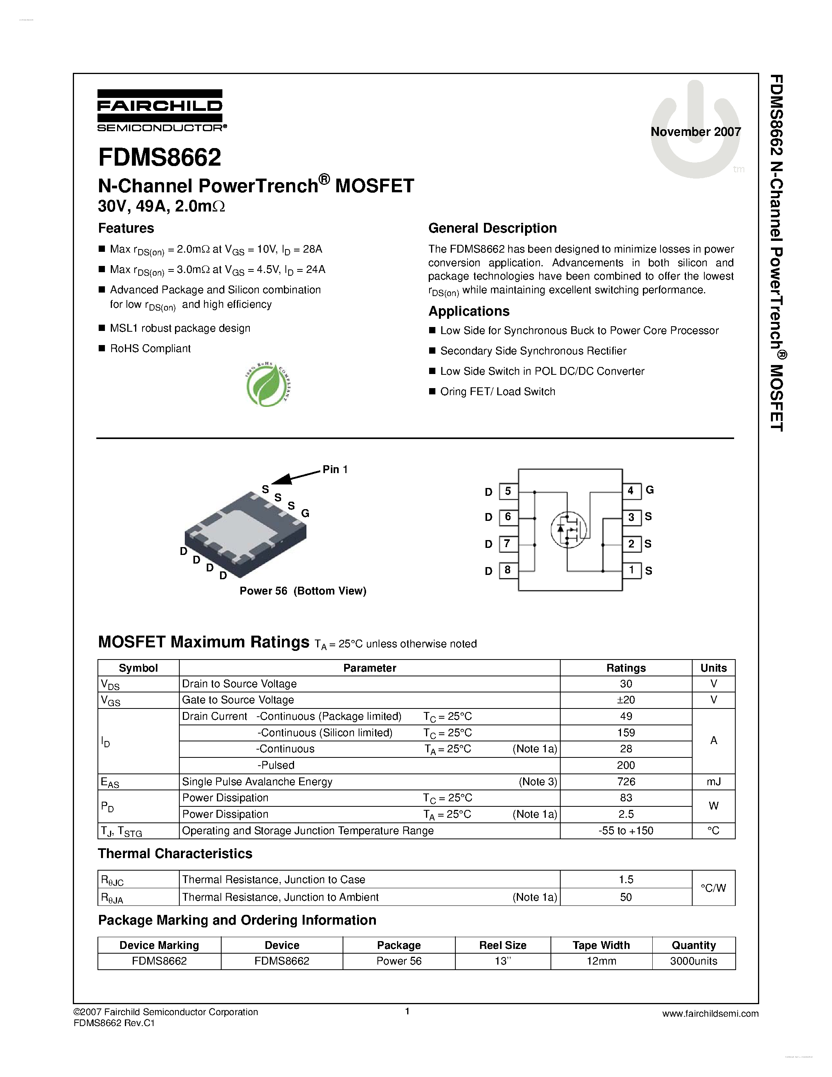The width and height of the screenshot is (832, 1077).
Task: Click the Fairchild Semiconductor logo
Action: click(x=160, y=111)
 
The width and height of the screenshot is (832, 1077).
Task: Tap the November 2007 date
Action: click(x=695, y=132)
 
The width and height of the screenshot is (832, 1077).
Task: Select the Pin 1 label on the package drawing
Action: click(x=335, y=470)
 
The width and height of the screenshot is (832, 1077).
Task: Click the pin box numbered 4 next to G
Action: click(x=631, y=491)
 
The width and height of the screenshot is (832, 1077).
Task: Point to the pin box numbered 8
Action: click(x=508, y=570)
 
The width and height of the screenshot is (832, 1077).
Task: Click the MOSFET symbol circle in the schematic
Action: click(x=568, y=529)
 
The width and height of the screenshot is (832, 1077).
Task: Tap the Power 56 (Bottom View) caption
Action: click(x=303, y=591)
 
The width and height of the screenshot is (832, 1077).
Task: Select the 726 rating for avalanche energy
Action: click(x=626, y=782)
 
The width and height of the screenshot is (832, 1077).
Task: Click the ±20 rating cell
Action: click(x=626, y=700)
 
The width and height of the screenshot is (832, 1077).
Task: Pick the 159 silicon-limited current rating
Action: click(x=626, y=733)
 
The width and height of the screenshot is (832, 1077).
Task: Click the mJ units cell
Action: click(x=713, y=782)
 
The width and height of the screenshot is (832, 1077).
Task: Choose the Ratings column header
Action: click(x=626, y=668)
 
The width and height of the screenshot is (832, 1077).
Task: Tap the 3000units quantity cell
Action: click(x=693, y=961)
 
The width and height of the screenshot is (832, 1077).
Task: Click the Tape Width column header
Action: click(x=601, y=945)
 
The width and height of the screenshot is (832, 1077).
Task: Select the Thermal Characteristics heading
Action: click(x=175, y=854)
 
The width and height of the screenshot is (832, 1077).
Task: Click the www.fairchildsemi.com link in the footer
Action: click(x=710, y=1014)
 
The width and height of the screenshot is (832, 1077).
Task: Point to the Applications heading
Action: click(x=469, y=311)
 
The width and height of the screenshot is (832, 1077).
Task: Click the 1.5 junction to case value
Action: click(x=626, y=879)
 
